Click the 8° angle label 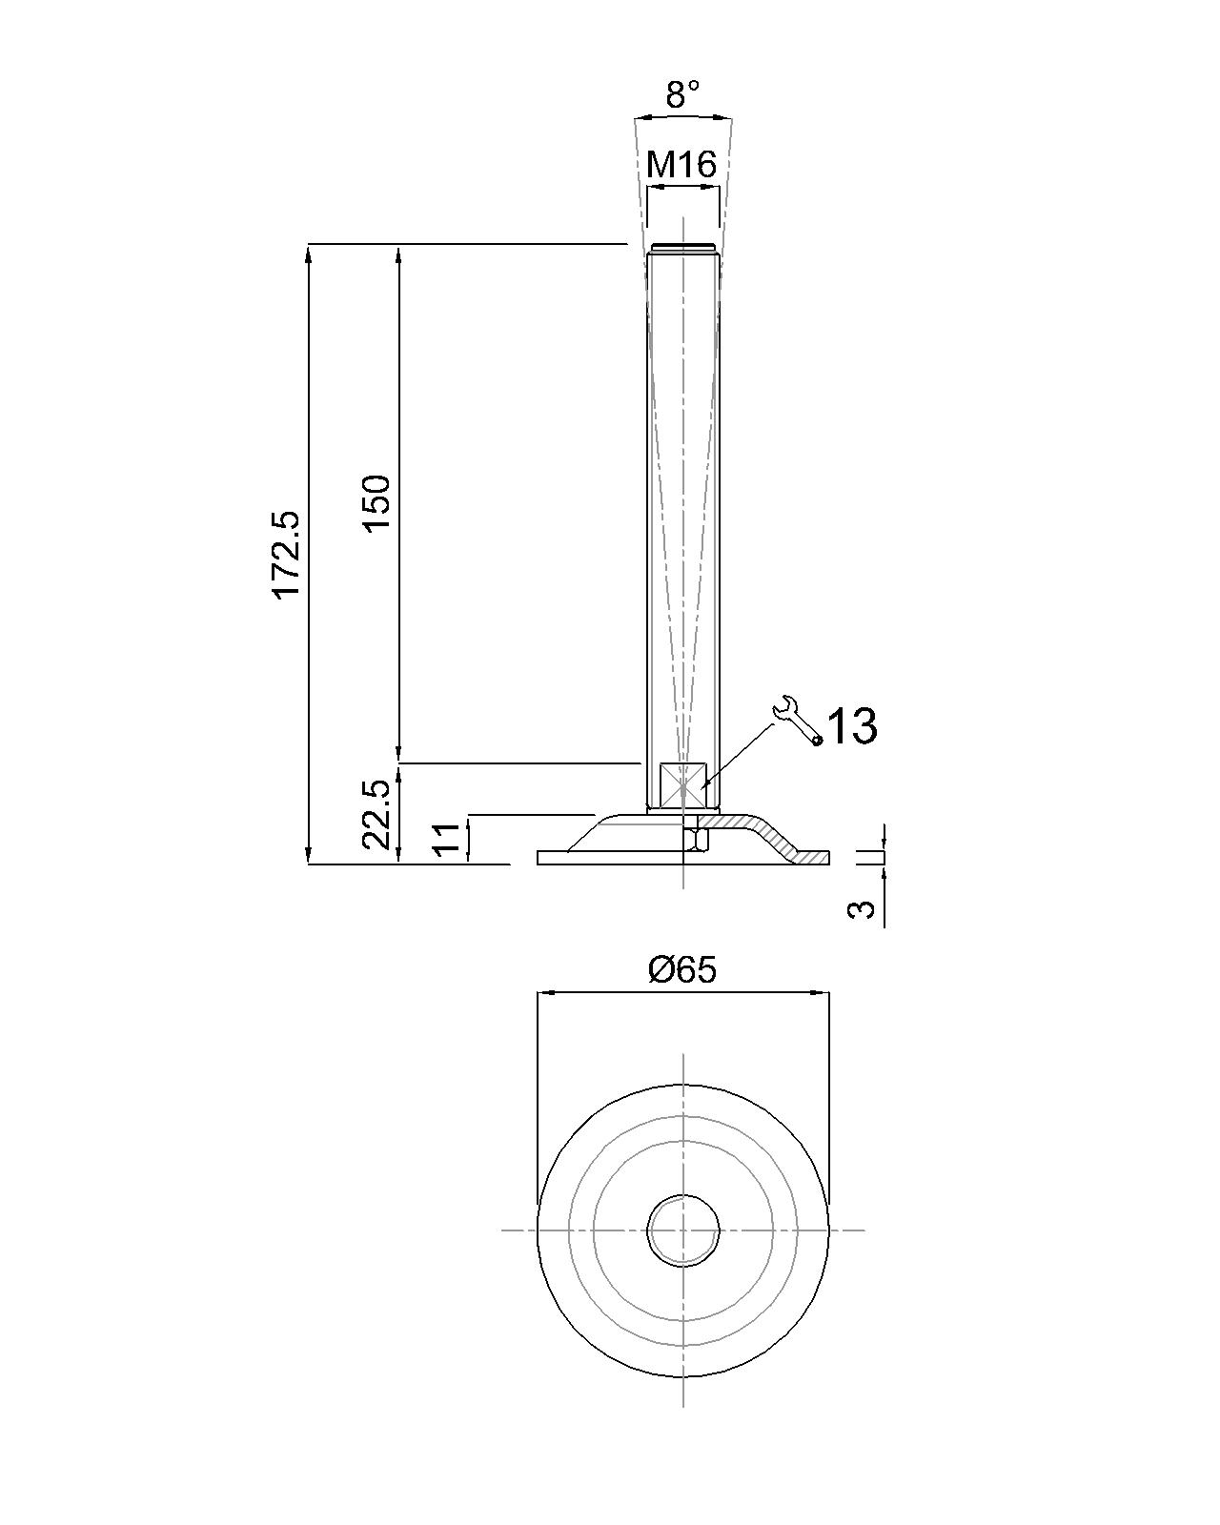tap(682, 94)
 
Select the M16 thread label tap(681, 165)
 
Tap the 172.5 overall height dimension tap(287, 555)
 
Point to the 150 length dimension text tap(377, 502)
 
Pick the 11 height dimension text tap(447, 840)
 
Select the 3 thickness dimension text tap(861, 908)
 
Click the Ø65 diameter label tap(682, 969)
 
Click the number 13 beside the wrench tap(851, 727)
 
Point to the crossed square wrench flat tap(683, 785)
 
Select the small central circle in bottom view tap(683, 1230)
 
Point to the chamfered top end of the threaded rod tap(682, 250)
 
